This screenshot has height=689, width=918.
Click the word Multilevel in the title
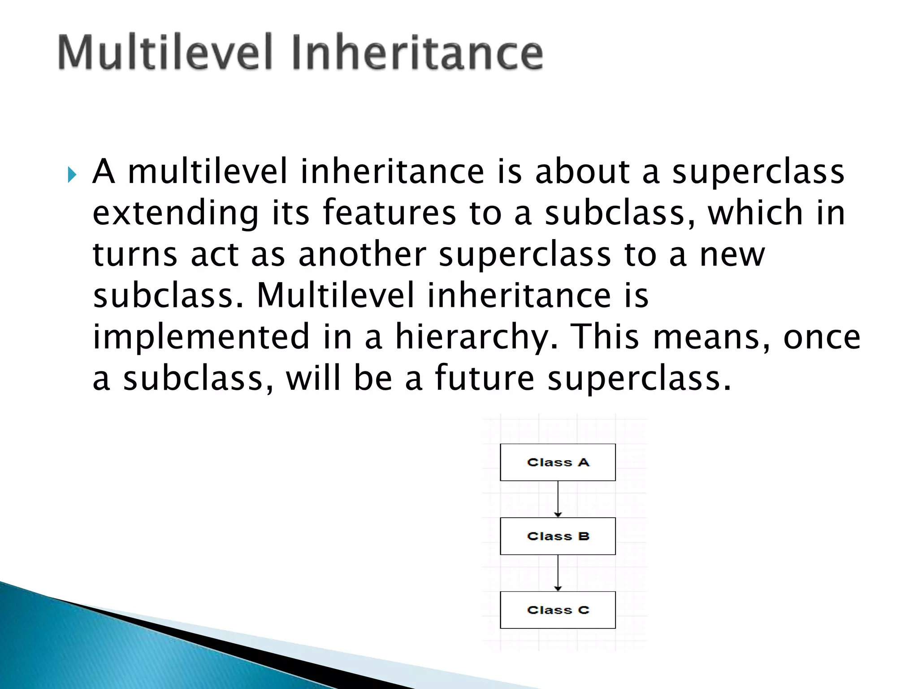click(x=165, y=53)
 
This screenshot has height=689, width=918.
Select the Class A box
click(x=558, y=462)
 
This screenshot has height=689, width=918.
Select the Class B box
click(x=558, y=536)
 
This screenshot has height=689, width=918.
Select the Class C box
click(x=558, y=610)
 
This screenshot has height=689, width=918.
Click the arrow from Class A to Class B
click(x=558, y=499)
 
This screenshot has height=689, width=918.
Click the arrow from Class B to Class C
click(x=558, y=573)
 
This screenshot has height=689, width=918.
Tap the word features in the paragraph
click(x=389, y=213)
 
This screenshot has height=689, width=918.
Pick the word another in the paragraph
click(x=362, y=254)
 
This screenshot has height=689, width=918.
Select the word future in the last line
click(x=484, y=378)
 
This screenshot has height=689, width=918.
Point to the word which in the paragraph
click(x=755, y=213)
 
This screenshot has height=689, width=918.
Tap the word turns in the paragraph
click(x=135, y=254)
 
